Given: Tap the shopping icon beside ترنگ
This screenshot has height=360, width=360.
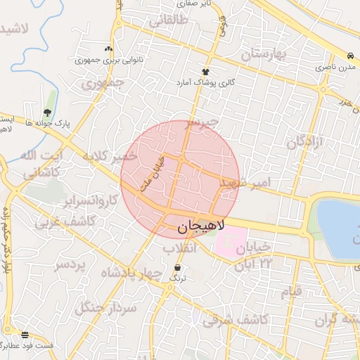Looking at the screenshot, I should coord(176,267).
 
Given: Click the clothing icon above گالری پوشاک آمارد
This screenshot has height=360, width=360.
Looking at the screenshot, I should coord(205,72).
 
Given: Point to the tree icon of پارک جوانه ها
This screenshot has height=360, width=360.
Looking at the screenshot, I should coord(47,112).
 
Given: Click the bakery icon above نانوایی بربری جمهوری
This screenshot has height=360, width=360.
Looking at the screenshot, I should coord(108,49).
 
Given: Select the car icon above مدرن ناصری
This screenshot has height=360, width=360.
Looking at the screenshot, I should coord(349,56).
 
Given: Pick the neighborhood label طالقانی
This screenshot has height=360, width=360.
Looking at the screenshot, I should coord(165,21).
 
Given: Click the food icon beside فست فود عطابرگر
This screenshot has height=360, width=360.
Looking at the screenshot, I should coord(25,335).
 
